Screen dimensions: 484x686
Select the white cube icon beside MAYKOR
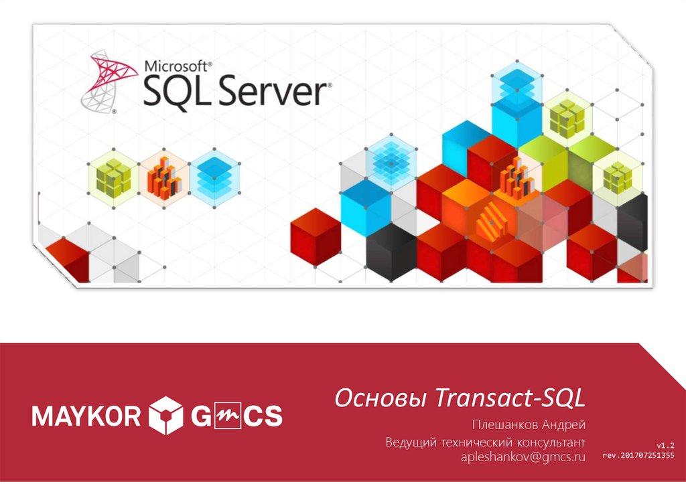[165, 416]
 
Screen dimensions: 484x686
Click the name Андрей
[564, 425]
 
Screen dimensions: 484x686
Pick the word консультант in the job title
[547, 442]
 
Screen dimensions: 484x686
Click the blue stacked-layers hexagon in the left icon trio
[214, 175]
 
